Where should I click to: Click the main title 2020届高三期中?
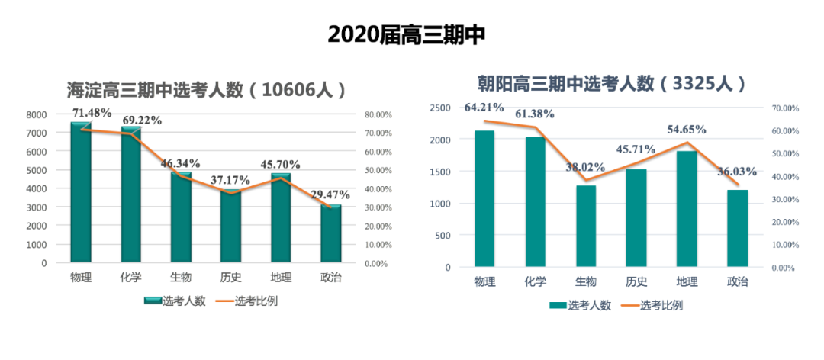pos(406,35)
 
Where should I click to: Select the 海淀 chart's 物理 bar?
pos(81,192)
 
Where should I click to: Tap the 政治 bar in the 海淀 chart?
pos(331,233)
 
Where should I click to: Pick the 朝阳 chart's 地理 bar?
pos(687,209)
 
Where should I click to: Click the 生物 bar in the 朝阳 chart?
pos(586,226)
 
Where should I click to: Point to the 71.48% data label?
pos(92,112)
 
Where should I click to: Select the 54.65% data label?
pos(686,130)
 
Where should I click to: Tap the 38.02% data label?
pos(586,169)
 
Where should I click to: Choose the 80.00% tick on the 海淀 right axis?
pos(378,114)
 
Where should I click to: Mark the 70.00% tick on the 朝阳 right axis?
pos(785,108)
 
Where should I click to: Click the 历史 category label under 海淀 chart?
pos(230,277)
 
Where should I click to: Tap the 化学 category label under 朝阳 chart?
pos(535,281)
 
